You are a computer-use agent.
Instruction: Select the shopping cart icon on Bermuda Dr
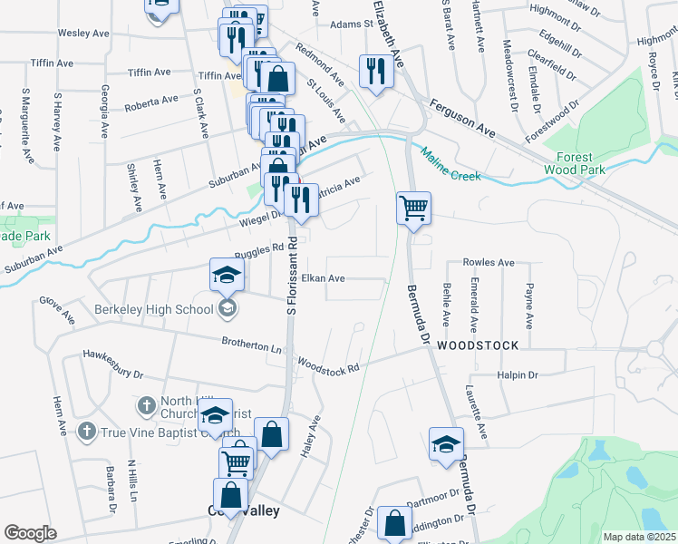point(413,208)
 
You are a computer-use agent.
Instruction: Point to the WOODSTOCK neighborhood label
point(478,345)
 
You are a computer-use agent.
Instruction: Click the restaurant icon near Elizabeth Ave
point(373,70)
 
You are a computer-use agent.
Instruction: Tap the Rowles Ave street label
point(489,262)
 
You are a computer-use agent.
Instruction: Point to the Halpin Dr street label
point(518,375)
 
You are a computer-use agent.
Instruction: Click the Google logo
point(30,533)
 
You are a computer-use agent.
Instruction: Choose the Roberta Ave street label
point(151,101)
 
